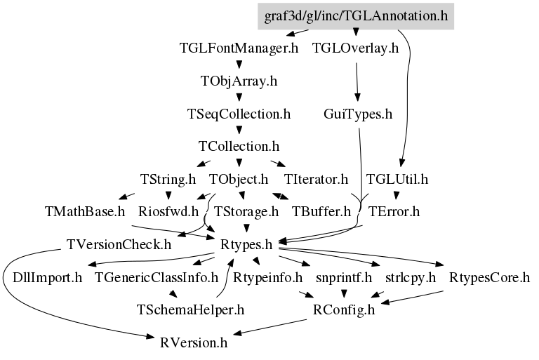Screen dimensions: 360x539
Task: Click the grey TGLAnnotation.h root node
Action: [x=356, y=16]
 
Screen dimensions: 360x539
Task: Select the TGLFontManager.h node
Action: [x=239, y=48]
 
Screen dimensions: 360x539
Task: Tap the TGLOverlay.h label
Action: [x=356, y=48]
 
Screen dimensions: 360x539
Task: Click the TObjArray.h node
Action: [x=239, y=81]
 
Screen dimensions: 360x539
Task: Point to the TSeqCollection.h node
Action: [x=239, y=113]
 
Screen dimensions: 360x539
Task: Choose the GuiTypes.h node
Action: [x=358, y=113]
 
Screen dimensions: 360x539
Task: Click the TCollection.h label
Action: [x=239, y=147]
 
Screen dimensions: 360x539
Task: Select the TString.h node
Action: [x=168, y=179]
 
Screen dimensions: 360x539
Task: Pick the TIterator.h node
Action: [x=317, y=179]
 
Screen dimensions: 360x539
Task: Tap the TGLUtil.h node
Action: [x=398, y=179]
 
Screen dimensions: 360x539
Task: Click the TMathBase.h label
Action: [x=85, y=211]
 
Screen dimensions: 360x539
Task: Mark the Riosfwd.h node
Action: [x=169, y=211]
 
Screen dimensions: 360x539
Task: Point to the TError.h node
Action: [x=394, y=211]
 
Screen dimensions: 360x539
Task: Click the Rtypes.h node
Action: [x=246, y=245]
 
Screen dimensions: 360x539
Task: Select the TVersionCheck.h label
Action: [x=119, y=245]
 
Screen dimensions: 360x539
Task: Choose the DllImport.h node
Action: [x=48, y=277]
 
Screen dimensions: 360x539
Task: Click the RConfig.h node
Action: [x=344, y=309]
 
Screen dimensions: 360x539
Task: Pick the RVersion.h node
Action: [x=194, y=342]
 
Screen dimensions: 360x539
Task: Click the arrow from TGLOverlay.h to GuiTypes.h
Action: [x=357, y=81]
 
